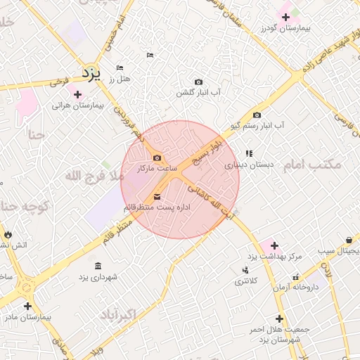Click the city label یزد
[91, 72]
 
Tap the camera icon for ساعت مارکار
[157, 157]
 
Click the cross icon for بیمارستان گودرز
[285, 16]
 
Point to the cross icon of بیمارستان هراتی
[77, 94]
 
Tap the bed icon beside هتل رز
[120, 67]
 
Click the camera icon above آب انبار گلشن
[198, 82]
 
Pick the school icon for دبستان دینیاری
[248, 153]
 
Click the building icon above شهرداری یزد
[97, 266]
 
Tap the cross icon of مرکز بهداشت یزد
[274, 245]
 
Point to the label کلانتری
[246, 281]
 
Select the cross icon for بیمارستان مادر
[27, 306]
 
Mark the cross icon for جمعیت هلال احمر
[279, 318]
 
